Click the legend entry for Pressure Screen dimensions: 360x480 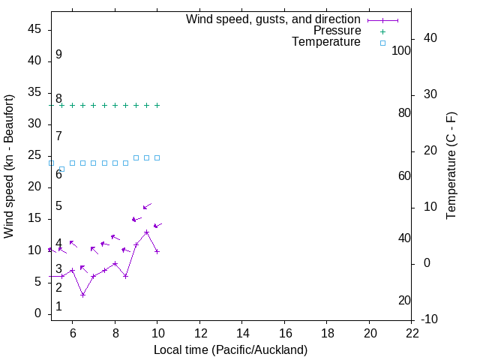[337, 31]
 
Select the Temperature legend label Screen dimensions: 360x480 [326, 42]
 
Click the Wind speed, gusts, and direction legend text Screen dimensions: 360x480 [273, 19]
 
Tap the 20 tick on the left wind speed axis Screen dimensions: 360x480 [34, 187]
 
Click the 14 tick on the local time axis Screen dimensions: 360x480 [243, 334]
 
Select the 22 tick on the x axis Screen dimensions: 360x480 [412, 334]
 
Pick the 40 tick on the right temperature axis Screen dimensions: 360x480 [430, 38]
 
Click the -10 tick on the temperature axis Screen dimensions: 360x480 [430, 320]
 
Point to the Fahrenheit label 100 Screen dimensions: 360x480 [401, 51]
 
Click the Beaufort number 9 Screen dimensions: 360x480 [58, 55]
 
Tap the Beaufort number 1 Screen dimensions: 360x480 [58, 307]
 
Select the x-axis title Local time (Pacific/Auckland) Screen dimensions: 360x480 [230, 349]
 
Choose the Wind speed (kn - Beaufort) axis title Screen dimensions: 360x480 [9, 166]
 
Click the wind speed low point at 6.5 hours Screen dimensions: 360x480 [83, 295]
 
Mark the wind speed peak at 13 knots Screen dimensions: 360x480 [146, 232]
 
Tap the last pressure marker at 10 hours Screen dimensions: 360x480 [157, 105]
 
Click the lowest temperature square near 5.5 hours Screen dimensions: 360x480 [61, 169]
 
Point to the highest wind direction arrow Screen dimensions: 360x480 [147, 205]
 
